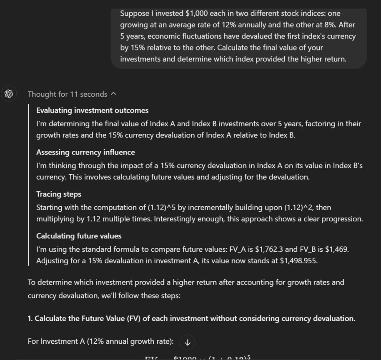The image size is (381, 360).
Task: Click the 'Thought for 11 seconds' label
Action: [x=67, y=94]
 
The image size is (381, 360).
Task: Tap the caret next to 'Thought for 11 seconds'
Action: [x=113, y=94]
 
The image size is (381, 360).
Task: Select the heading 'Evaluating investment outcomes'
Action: [x=92, y=110]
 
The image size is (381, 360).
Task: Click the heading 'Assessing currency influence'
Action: [x=85, y=152]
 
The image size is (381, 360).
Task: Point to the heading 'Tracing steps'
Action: [x=59, y=194]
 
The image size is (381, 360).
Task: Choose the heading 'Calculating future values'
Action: [x=79, y=236]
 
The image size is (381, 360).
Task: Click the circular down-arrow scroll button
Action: [x=187, y=342]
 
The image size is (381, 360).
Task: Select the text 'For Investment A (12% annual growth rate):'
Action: [x=100, y=342]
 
